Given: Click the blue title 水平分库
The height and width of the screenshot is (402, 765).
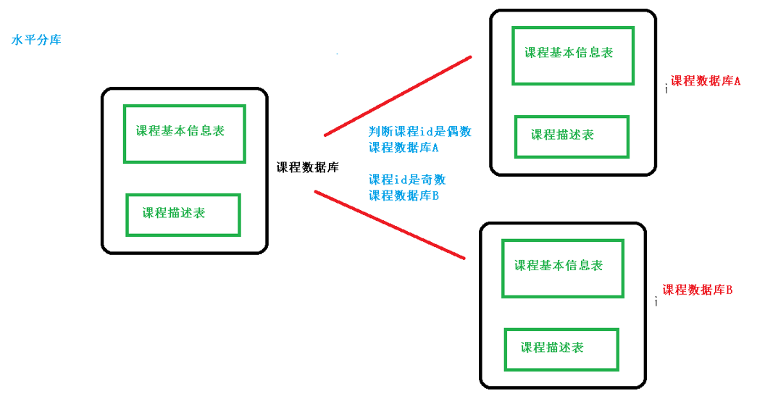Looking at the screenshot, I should click(36, 40).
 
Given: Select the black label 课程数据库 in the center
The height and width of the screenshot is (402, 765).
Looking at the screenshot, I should click(307, 167).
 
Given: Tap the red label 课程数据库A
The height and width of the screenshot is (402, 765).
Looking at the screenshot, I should click(705, 82).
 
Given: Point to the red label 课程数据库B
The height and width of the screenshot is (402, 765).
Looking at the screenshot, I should click(697, 290).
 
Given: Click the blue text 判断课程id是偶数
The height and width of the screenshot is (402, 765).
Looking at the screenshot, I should click(420, 132).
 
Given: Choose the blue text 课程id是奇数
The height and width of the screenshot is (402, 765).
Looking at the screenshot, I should click(407, 180).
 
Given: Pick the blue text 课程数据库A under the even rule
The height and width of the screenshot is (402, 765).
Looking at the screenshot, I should click(404, 148).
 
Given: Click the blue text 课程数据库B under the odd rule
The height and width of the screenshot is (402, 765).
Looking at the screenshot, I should click(404, 196).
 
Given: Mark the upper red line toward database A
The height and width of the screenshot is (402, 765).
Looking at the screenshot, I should click(398, 96).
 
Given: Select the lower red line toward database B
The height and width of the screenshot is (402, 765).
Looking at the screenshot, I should click(389, 225).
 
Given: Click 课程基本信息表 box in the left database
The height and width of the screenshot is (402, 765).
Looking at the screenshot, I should click(184, 133).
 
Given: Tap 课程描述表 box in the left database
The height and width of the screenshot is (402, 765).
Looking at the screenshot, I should click(183, 214).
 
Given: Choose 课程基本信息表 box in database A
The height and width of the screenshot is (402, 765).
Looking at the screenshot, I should click(572, 55).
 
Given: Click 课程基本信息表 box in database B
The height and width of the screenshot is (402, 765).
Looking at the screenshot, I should click(562, 267).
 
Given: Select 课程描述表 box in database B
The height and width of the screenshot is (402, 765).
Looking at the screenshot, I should click(561, 349).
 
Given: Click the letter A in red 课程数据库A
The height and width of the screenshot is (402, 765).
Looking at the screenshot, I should click(737, 82).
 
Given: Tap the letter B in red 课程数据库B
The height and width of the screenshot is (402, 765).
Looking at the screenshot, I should click(729, 290).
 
